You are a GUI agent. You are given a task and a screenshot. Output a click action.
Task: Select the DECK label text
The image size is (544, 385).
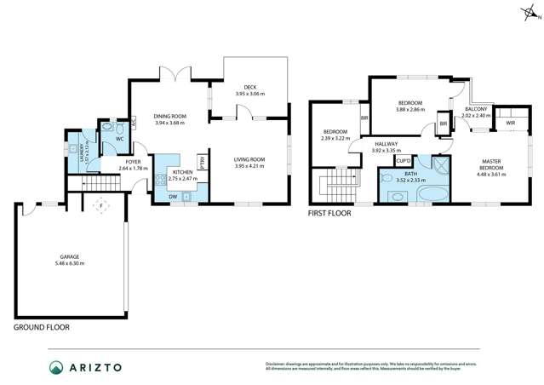pos(249,87)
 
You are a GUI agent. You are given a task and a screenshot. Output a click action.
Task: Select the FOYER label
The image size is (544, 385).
pos(133,162)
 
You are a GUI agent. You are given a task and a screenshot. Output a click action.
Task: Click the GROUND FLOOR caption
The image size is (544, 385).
pos(42,327)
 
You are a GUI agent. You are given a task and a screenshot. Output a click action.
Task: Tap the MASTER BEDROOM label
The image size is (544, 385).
pos(491,164)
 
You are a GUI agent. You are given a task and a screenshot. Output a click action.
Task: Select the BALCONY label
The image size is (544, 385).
pos(474,109)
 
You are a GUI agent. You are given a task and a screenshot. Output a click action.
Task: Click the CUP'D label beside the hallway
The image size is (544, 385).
pos(404,160)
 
